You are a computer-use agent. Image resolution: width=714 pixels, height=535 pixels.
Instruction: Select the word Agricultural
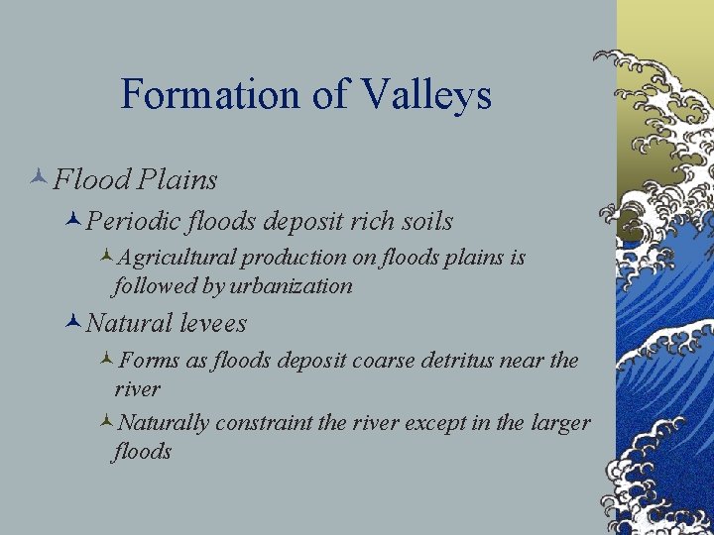pos(177,258)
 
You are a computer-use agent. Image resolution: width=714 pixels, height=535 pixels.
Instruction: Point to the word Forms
pos(155,361)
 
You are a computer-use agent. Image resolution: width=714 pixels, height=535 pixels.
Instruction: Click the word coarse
pos(383,361)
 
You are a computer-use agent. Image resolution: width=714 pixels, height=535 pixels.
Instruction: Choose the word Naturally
pos(163,423)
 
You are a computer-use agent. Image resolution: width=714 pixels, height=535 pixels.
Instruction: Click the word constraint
pos(264,423)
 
